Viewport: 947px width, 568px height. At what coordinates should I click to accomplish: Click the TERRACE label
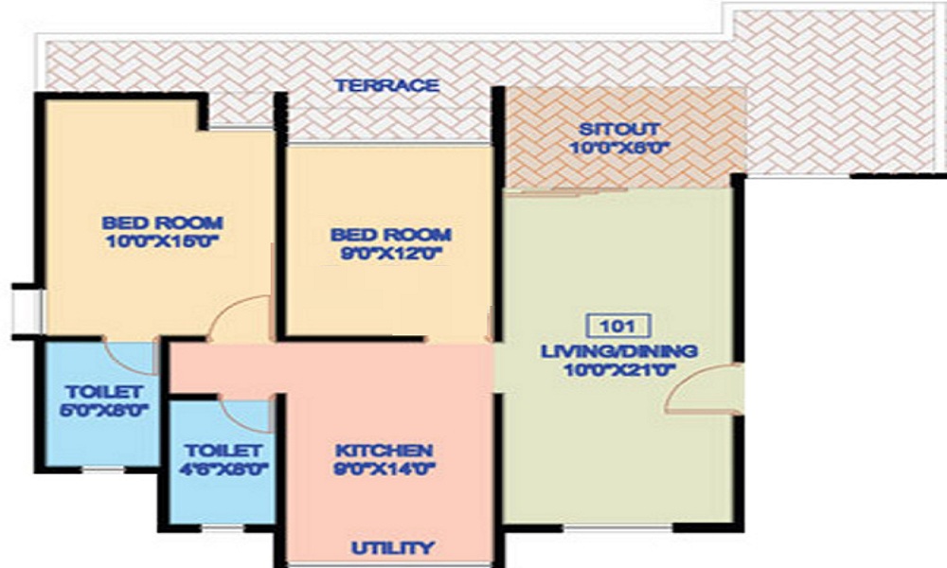386,85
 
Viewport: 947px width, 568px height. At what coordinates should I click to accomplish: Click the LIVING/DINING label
619,351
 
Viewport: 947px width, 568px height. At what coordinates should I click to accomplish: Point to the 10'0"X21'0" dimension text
619,370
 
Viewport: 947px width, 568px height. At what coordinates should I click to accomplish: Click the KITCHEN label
384,450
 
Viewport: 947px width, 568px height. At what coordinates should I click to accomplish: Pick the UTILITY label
393,547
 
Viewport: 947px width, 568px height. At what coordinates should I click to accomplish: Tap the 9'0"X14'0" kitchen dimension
384,468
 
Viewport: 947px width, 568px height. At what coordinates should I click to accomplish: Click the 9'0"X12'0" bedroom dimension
390,253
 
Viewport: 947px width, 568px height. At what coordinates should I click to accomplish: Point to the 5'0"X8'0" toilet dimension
104,410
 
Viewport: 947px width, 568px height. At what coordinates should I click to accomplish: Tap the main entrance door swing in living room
703,390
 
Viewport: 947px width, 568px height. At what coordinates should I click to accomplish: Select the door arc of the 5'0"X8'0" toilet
129,356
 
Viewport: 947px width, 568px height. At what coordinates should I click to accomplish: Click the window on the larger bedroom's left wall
23,309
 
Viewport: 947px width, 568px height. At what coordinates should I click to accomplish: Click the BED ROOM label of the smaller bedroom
390,234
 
